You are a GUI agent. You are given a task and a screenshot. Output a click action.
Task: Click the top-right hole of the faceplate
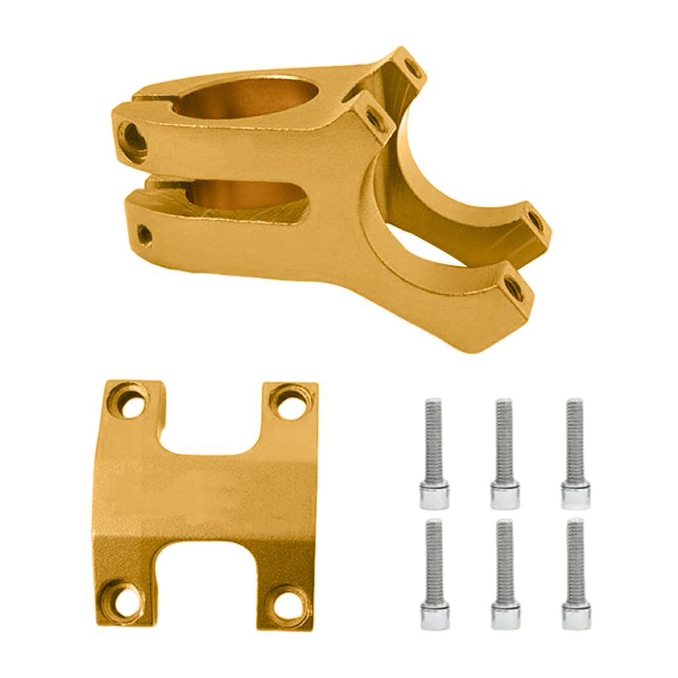[x=288, y=403]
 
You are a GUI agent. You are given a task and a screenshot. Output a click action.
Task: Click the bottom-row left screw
[x=434, y=573]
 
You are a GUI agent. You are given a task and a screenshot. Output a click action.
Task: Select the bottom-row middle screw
[x=505, y=573]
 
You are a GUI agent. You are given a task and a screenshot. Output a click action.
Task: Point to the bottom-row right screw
[x=575, y=573]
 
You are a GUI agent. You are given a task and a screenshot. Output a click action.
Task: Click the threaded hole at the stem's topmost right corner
[x=411, y=68]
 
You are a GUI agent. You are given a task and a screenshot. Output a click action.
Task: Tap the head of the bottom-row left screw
[x=434, y=616]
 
